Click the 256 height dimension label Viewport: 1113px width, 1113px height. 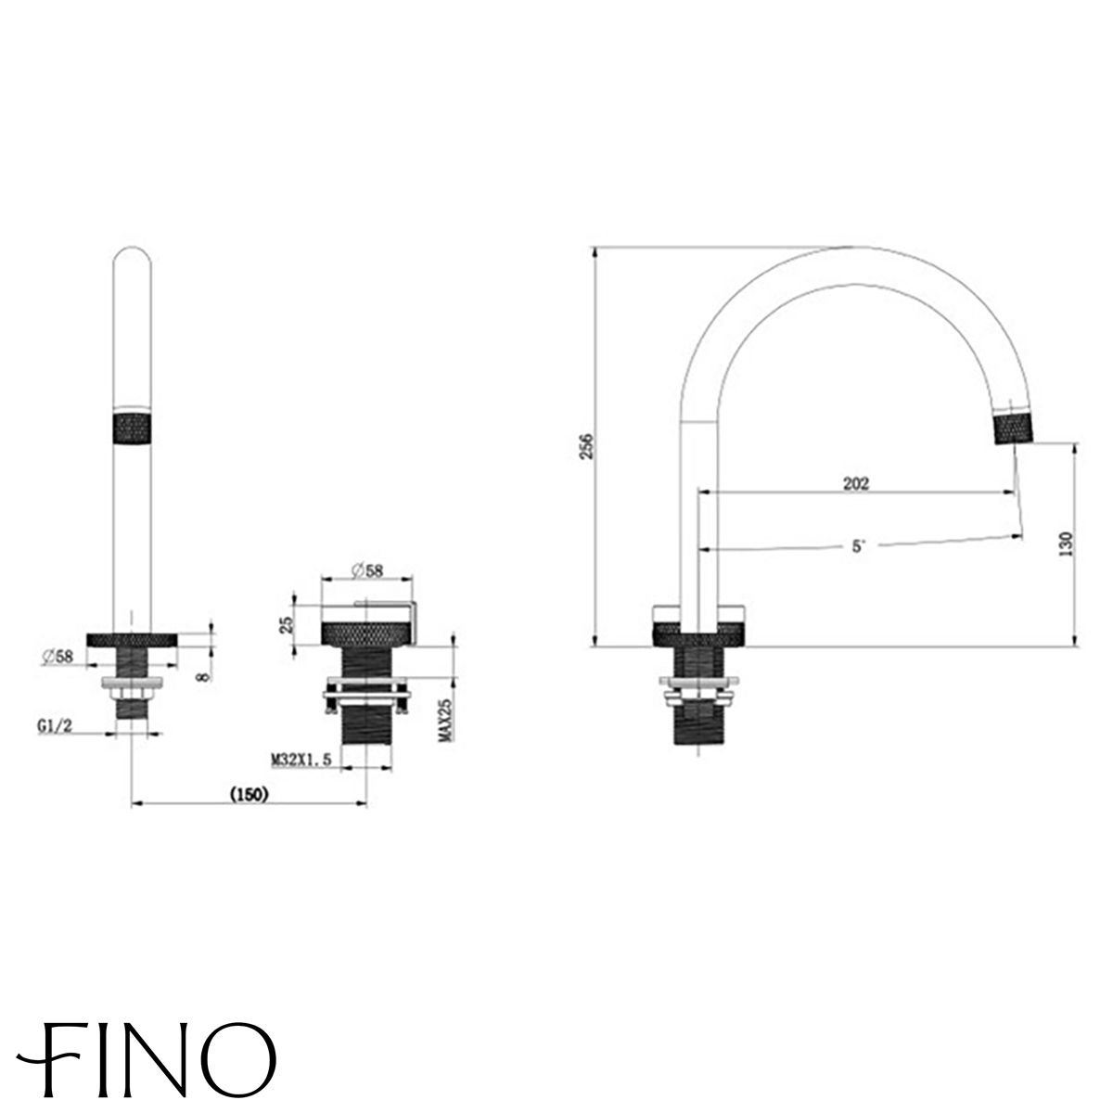click(585, 446)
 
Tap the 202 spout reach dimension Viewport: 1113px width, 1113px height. click(856, 483)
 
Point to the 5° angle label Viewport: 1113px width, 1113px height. click(858, 546)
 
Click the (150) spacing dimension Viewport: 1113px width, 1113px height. click(249, 794)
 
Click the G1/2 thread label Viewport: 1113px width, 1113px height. click(55, 726)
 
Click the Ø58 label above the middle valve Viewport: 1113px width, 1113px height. click(366, 570)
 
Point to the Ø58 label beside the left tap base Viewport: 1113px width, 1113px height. click(58, 656)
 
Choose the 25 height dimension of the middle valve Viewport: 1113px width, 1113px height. click(287, 624)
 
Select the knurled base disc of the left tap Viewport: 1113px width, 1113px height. click(133, 640)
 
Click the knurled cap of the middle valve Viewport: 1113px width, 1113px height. click(367, 633)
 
